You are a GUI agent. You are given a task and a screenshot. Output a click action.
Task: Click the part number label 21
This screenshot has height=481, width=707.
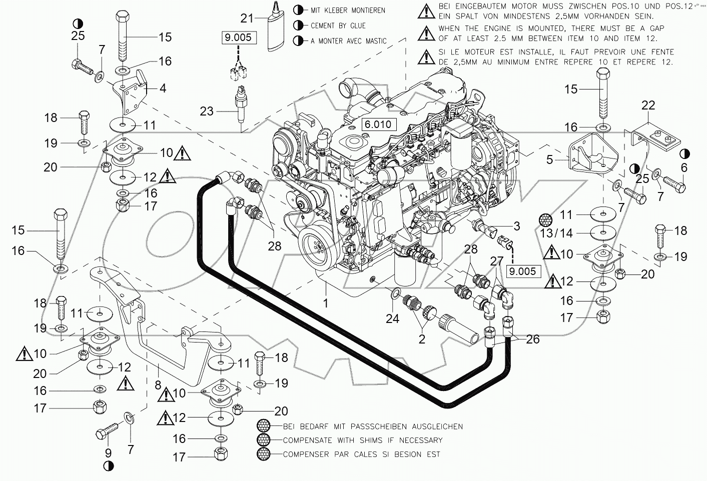pyautogui.click(x=247, y=18)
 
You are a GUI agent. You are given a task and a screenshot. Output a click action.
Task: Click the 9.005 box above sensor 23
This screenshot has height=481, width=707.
pyautogui.click(x=238, y=37)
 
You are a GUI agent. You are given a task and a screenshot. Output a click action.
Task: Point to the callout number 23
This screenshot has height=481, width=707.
pyautogui.click(x=207, y=111)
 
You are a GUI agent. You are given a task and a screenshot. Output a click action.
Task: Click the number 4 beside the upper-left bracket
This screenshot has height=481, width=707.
pyautogui.click(x=163, y=89)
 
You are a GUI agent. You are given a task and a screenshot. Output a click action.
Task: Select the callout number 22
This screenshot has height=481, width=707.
pyautogui.click(x=648, y=105)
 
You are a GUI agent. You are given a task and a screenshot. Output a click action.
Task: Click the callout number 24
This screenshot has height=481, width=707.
pyautogui.click(x=392, y=318)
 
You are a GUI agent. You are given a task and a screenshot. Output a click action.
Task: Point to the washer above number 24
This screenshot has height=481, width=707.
pyautogui.click(x=394, y=292)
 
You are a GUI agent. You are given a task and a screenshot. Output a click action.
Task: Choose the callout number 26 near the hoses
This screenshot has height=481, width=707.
pyautogui.click(x=533, y=339)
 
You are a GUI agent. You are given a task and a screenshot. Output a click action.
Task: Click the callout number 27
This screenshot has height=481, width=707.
pyautogui.click(x=496, y=262)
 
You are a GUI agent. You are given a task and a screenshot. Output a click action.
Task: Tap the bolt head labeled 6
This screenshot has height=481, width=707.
pyautogui.click(x=678, y=187)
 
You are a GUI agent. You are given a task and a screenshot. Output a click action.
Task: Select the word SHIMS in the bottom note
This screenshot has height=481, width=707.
pyautogui.click(x=373, y=440)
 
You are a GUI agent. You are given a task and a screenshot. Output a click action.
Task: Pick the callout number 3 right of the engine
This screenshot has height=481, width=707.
pyautogui.click(x=516, y=226)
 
